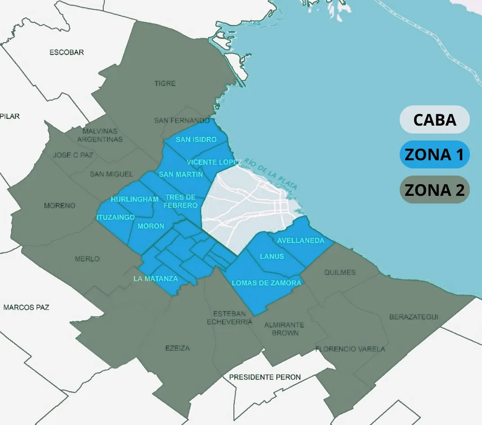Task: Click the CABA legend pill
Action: (x=434, y=120)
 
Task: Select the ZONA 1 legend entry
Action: (x=434, y=154)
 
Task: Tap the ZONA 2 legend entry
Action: (x=434, y=190)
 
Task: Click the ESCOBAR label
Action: (x=67, y=52)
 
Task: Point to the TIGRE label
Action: (x=165, y=83)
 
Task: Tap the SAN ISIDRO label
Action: (x=196, y=139)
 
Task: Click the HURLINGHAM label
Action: (x=135, y=199)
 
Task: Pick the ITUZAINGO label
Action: (x=116, y=217)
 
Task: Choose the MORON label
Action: (x=151, y=226)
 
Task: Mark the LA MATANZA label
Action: (x=156, y=279)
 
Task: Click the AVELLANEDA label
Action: (x=300, y=240)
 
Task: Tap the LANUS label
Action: (x=272, y=256)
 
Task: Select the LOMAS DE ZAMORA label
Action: (x=266, y=283)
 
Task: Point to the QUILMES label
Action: (x=340, y=272)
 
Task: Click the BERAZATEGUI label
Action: (x=414, y=317)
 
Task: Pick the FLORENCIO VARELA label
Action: (x=350, y=349)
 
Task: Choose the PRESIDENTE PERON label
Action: (x=265, y=377)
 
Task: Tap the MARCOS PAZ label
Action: (x=26, y=307)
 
